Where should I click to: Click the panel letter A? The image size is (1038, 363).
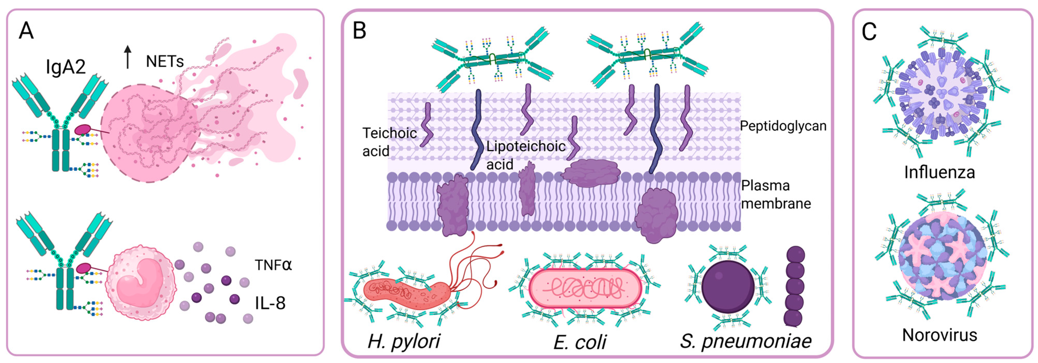26,31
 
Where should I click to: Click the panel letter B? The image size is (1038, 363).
359,31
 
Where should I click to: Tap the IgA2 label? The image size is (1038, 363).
66,67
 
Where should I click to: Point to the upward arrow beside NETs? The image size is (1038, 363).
128,56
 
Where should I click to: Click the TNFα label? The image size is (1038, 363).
273,265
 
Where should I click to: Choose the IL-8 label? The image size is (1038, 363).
270,303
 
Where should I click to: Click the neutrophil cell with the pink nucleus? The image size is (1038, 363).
141,283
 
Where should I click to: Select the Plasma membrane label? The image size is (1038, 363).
776,195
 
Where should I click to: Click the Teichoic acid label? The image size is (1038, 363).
389,142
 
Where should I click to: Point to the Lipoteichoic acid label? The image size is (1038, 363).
525,155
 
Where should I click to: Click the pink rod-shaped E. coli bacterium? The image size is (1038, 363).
584,288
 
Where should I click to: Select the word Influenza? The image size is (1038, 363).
939,172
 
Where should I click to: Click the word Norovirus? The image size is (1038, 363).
939,335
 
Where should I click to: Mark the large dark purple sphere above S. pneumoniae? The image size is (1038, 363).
728,287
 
